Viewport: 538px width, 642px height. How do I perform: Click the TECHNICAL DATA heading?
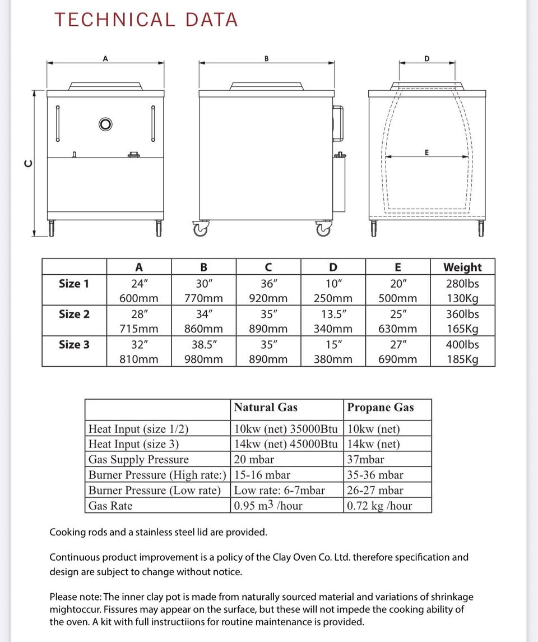(146, 20)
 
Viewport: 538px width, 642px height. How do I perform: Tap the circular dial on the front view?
(105, 124)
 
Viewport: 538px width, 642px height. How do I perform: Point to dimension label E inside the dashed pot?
(427, 152)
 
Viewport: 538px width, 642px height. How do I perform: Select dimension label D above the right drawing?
(427, 58)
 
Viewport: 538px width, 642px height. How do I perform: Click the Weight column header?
(462, 267)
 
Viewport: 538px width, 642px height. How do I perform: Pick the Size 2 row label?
(74, 314)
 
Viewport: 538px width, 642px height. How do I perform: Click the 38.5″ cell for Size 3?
(203, 344)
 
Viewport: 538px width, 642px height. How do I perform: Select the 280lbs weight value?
(462, 284)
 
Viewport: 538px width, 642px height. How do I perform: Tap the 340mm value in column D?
(333, 329)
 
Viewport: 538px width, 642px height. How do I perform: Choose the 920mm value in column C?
(268, 299)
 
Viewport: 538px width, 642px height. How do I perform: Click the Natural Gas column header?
(266, 408)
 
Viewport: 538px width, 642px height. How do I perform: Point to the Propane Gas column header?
(381, 408)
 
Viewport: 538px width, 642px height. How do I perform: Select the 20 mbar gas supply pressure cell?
(254, 460)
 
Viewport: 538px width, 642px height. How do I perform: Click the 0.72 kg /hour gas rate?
(379, 506)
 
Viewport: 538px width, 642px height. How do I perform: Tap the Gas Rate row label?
(111, 506)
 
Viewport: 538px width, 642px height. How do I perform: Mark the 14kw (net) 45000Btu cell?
(286, 445)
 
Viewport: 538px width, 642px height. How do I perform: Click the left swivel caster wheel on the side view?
(200, 228)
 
